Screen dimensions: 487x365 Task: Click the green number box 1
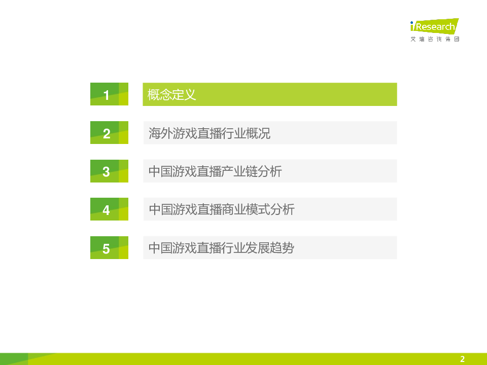(x=110, y=94)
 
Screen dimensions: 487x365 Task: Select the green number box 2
(x=110, y=132)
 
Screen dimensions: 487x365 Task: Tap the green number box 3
(x=110, y=171)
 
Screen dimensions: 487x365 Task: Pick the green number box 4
(x=110, y=209)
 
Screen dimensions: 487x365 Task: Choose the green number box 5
(x=110, y=248)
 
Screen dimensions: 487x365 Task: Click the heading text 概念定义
(x=172, y=95)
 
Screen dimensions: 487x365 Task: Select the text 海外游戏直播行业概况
(x=210, y=133)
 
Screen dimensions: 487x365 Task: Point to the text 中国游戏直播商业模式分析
(x=222, y=209)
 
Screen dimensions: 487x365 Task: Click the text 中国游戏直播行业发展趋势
(x=222, y=248)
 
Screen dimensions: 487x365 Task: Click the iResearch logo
(x=435, y=26)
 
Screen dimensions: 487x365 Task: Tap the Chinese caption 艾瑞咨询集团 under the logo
(x=435, y=39)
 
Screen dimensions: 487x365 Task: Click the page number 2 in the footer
(x=463, y=359)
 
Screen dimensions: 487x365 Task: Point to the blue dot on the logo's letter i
(x=412, y=23)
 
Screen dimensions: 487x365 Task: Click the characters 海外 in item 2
(x=161, y=133)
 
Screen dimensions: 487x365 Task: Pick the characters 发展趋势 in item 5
(x=270, y=248)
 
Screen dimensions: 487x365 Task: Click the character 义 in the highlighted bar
(x=190, y=95)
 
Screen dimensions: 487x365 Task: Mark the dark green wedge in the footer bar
(x=14, y=359)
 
